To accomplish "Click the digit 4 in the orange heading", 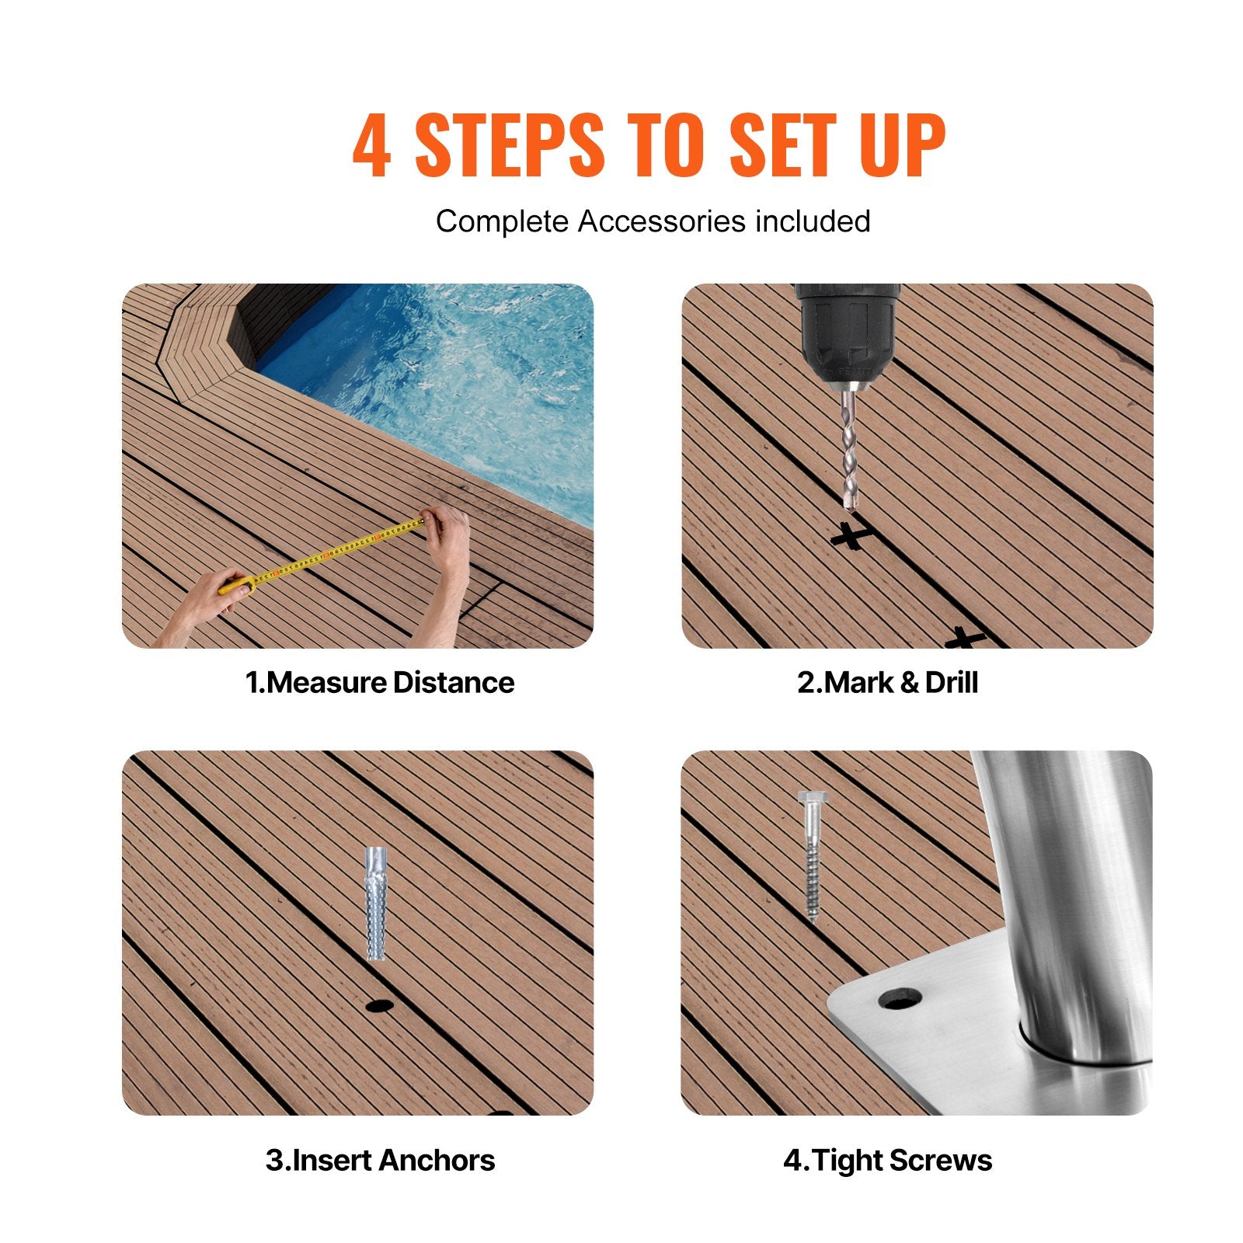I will pyautogui.click(x=371, y=145).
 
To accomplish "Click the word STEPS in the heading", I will pyautogui.click(x=509, y=145).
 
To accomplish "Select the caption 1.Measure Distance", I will pyautogui.click(x=380, y=683).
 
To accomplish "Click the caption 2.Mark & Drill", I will pyautogui.click(x=887, y=683).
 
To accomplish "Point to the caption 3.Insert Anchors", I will pyautogui.click(x=380, y=1160).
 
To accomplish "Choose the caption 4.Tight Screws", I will pyautogui.click(x=887, y=1160).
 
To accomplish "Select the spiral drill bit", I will pyautogui.click(x=850, y=451).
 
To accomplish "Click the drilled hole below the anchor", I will pyautogui.click(x=379, y=1006).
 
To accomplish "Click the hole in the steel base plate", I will pyautogui.click(x=901, y=998).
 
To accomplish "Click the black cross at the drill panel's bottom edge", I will pyautogui.click(x=965, y=639).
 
